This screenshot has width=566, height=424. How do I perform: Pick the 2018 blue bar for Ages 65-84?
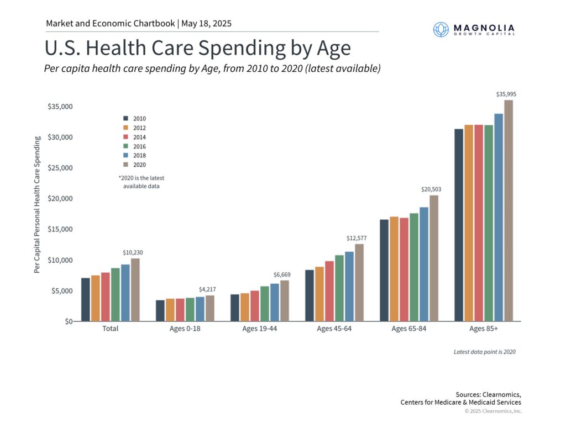(424, 264)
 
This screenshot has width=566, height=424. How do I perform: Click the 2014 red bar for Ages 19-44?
(255, 306)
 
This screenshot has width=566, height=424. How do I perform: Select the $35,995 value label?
(507, 94)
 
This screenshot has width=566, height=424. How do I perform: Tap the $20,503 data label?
(432, 189)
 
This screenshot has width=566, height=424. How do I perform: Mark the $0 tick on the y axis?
(68, 321)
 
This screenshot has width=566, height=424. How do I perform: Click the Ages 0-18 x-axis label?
(185, 328)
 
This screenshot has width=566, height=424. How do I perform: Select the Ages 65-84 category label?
(409, 328)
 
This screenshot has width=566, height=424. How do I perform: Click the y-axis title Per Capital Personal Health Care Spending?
(37, 204)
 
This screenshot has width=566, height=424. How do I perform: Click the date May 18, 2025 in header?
(206, 24)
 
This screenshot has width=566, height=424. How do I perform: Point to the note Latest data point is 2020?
(484, 352)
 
